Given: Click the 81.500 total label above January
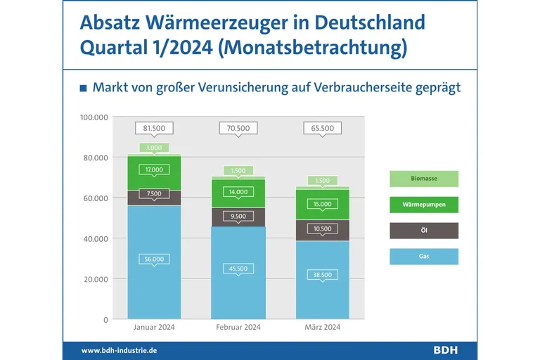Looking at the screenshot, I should [x=154, y=129].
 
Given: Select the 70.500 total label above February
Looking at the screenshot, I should [x=238, y=129].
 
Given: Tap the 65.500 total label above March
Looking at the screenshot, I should [x=323, y=129].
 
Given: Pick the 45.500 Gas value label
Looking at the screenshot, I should [x=238, y=268].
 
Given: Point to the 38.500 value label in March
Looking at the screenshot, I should [x=323, y=274].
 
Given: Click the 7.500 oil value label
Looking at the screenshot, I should [x=154, y=194].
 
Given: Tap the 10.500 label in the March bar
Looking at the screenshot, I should [x=323, y=229].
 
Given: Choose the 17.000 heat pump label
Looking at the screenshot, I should [x=154, y=169].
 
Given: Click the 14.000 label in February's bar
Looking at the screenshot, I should [x=238, y=192].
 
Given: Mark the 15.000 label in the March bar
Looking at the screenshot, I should [x=323, y=204].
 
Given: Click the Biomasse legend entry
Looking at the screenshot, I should [x=423, y=179].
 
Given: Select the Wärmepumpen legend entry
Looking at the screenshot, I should [x=423, y=205].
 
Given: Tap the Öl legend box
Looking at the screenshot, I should [x=423, y=231].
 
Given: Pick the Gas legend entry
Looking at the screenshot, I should [x=423, y=257].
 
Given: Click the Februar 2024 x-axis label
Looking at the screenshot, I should [x=238, y=328].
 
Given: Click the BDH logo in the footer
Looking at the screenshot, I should [x=446, y=350].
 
